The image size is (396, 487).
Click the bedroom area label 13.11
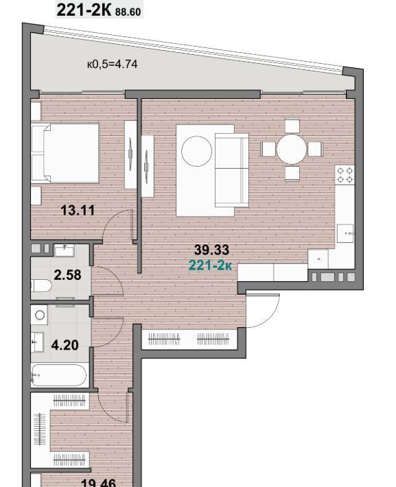[x=78, y=211]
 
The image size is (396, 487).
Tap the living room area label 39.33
[x=211, y=250]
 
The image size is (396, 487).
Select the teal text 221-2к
[x=211, y=265]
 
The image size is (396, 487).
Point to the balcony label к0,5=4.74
[x=112, y=64]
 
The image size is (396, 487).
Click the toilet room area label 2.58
[x=67, y=275]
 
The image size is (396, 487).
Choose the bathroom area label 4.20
[x=65, y=345]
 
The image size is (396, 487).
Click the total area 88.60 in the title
[x=128, y=12]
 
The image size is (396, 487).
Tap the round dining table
[x=292, y=149]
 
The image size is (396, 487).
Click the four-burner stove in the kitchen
[x=345, y=175]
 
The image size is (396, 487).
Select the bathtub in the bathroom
[x=59, y=375]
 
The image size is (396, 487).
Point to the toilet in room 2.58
[x=41, y=286]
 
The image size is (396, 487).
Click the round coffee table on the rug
[x=197, y=152]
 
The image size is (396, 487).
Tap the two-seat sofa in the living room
[x=232, y=170]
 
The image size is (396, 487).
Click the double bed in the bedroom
[x=65, y=153]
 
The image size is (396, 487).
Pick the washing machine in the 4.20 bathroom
[x=39, y=315]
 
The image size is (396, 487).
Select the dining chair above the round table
[x=292, y=126]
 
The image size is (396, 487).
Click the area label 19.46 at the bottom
[x=98, y=482]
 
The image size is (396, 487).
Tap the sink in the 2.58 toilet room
[x=65, y=250]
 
